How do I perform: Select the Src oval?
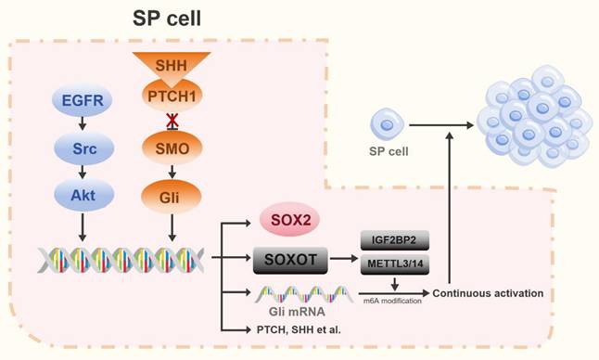coord(82,147)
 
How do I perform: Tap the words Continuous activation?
coord(488,293)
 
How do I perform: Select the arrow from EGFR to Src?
coord(82,122)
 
